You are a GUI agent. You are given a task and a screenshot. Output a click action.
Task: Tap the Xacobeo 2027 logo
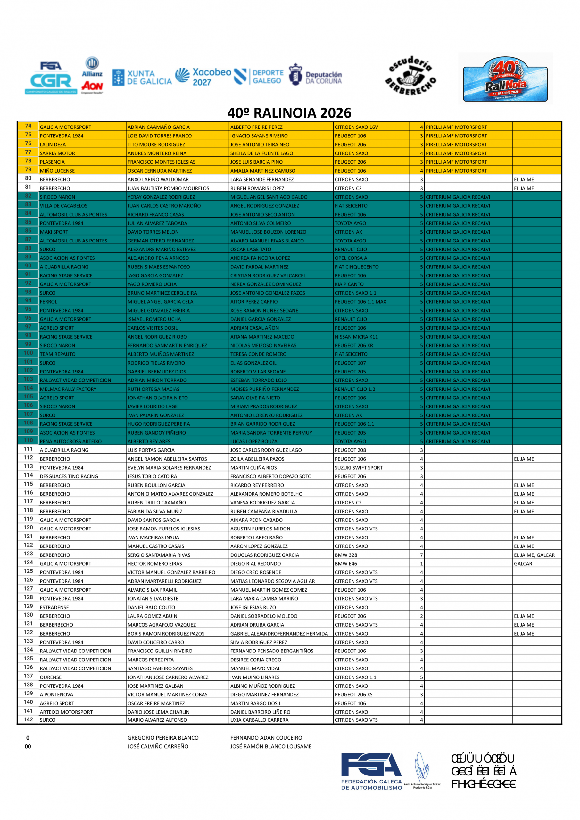(203, 77)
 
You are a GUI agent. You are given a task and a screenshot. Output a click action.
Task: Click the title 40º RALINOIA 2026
(289, 113)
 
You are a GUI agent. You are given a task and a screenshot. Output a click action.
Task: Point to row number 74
(28, 126)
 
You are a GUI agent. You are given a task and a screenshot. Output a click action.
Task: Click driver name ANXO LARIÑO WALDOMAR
(158, 180)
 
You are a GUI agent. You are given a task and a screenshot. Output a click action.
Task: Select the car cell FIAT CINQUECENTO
(356, 267)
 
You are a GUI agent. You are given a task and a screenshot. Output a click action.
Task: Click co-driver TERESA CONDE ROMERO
(258, 354)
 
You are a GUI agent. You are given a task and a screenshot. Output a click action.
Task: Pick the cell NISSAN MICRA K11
(356, 337)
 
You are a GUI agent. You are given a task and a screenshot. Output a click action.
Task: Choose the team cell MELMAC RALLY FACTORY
(68, 389)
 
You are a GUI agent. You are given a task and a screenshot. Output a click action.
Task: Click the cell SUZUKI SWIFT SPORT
(359, 468)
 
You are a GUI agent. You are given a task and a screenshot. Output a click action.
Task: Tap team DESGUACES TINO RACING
(69, 476)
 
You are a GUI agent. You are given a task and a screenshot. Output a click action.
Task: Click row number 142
(28, 720)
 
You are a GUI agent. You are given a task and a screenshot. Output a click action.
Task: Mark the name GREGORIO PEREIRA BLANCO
(163, 738)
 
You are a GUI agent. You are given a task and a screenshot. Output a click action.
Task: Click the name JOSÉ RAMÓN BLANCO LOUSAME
(270, 746)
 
